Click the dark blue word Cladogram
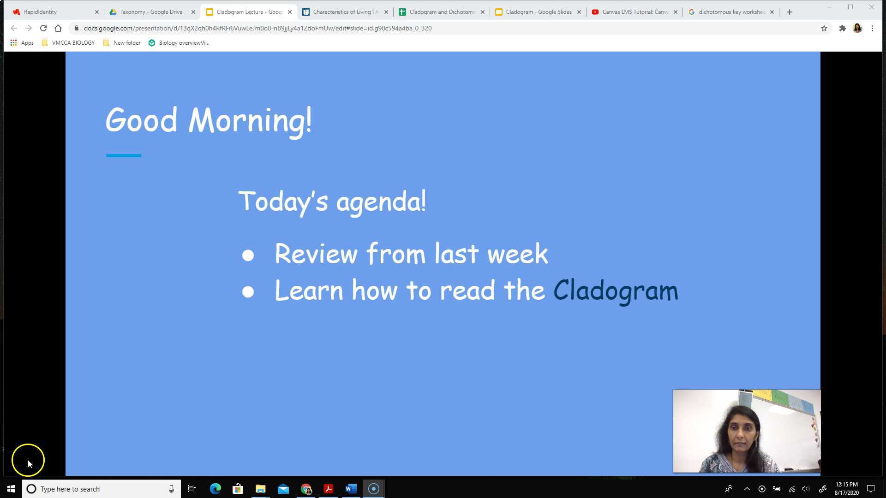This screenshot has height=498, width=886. click(x=616, y=291)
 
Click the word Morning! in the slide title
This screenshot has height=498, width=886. click(x=250, y=120)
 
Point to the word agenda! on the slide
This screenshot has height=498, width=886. click(x=381, y=202)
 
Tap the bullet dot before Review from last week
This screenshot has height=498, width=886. click(x=248, y=255)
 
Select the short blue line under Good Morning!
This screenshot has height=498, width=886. click(x=124, y=156)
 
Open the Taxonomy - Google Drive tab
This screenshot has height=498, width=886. click(x=151, y=12)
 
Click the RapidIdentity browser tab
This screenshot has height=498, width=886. click(x=41, y=12)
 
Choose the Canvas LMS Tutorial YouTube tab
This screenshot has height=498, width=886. click(x=635, y=12)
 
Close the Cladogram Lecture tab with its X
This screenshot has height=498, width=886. click(x=290, y=12)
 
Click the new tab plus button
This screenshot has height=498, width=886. click(x=789, y=12)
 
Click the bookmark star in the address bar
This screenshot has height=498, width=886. click(x=824, y=28)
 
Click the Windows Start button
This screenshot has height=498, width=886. click(x=11, y=489)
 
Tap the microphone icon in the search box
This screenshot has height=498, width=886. click(x=171, y=489)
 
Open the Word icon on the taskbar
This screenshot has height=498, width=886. click(x=351, y=489)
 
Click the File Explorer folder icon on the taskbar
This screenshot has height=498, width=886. click(x=260, y=489)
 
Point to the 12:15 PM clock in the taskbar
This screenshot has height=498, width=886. click(x=846, y=485)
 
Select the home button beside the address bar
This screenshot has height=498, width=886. click(x=58, y=28)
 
